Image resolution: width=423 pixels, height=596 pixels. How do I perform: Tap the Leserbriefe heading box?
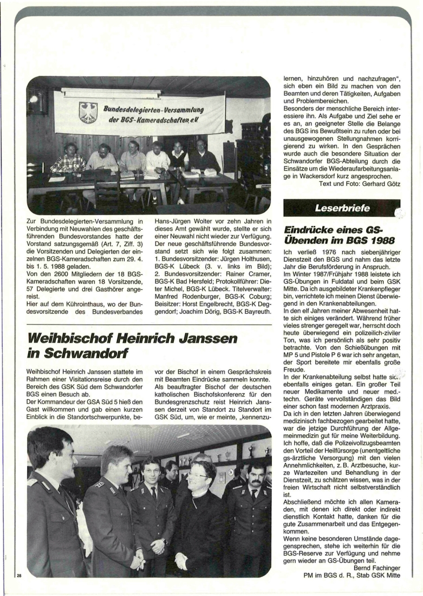pyautogui.click(x=342, y=208)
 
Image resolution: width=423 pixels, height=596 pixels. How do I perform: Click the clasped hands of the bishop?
pyautogui.click(x=181, y=560)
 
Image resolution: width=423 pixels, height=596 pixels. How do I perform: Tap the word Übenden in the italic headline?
pyautogui.click(x=311, y=240)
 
